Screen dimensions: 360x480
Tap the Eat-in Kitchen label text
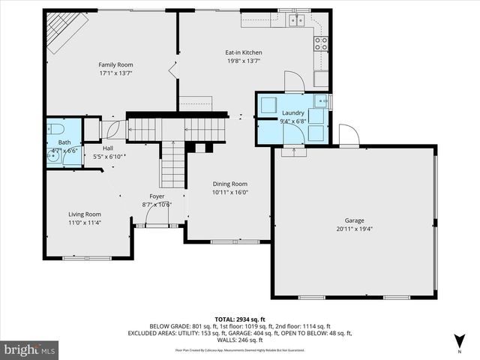tap(244, 52)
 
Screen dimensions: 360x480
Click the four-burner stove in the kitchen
tap(322, 43)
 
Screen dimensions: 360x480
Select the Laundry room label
tap(292, 112)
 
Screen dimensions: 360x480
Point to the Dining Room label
tap(230, 184)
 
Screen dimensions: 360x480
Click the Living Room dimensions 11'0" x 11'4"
tap(85, 223)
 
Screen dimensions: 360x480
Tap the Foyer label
tap(157, 196)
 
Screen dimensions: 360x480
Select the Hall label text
tap(108, 148)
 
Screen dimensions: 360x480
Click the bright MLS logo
tap(30, 349)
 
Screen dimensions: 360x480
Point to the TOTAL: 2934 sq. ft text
tap(241, 319)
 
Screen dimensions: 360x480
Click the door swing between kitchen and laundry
tap(294, 81)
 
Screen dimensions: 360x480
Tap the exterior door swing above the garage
tap(348, 136)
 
